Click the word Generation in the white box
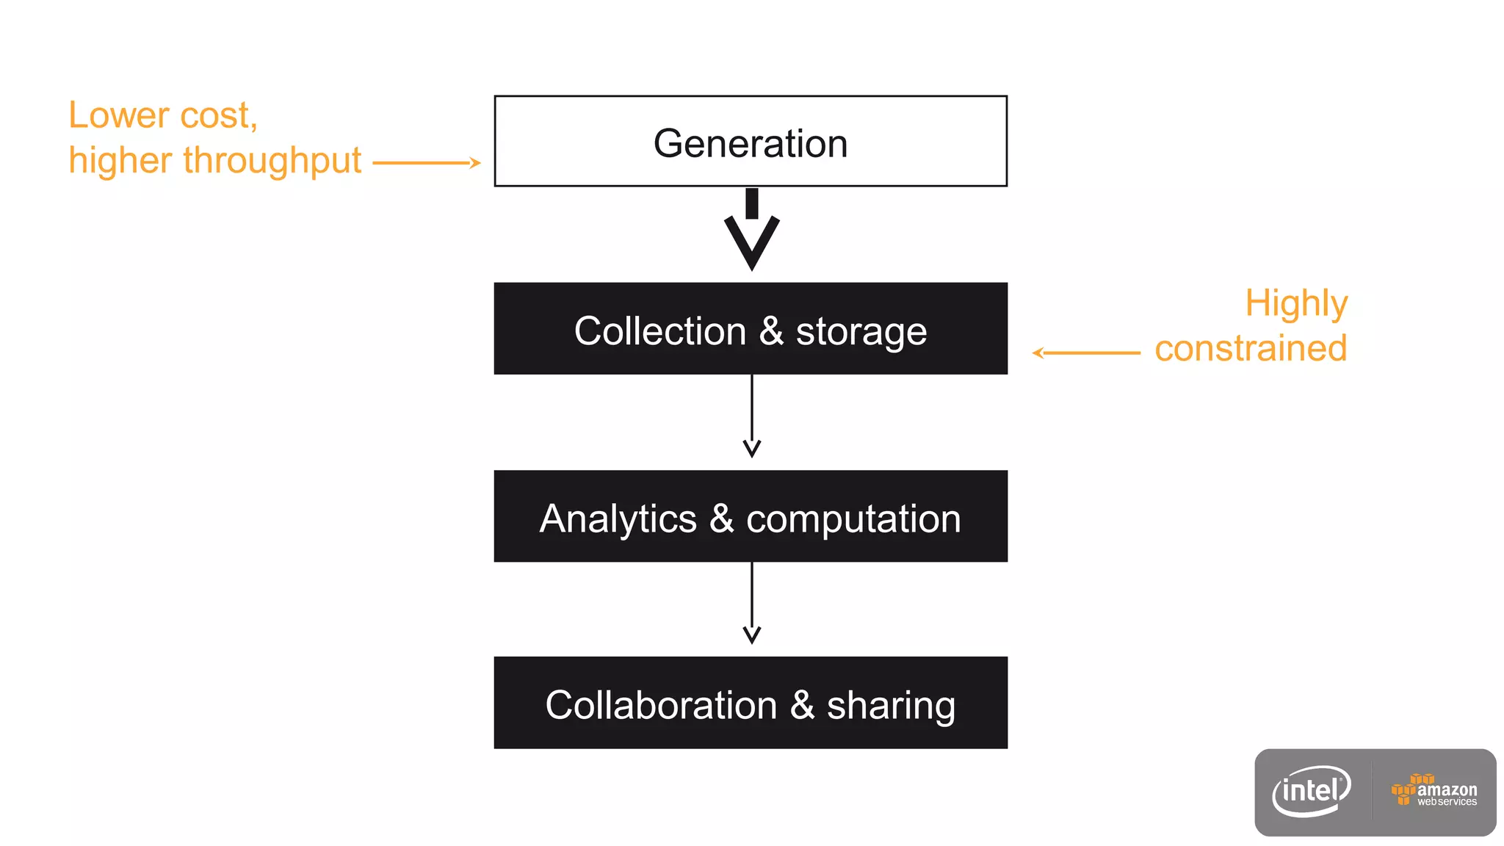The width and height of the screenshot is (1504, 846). (750, 143)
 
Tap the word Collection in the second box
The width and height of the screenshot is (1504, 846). (659, 330)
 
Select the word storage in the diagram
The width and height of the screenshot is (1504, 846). (861, 332)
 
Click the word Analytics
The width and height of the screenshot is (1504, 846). (618, 518)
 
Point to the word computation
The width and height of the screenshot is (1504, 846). (853, 520)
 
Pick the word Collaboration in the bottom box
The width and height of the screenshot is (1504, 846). (661, 705)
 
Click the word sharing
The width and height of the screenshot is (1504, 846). (891, 706)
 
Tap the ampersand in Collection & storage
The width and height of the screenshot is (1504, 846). (771, 330)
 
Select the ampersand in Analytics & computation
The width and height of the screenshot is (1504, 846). (721, 518)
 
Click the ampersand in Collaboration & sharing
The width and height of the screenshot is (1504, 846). (802, 705)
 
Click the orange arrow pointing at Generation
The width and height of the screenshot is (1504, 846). (427, 163)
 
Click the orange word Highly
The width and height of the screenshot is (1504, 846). (1296, 303)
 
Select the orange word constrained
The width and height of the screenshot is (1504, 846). (1250, 348)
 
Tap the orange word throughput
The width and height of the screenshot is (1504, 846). (272, 161)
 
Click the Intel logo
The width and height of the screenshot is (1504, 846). (1312, 792)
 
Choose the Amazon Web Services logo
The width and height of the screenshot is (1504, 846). (1433, 791)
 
